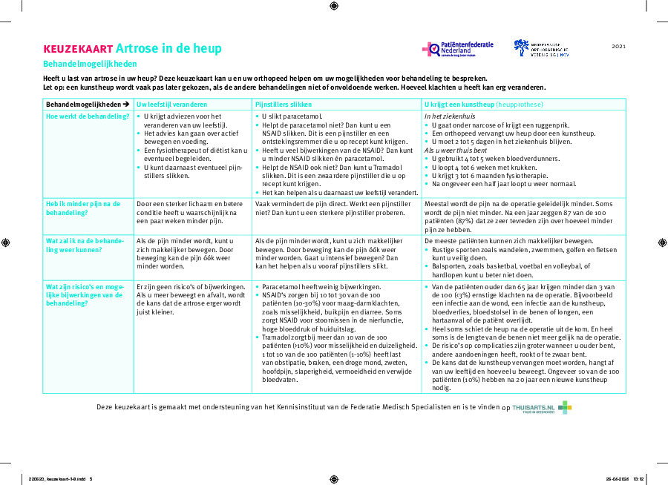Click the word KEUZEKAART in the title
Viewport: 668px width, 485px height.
tap(78, 49)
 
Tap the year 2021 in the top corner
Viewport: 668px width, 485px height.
tap(619, 47)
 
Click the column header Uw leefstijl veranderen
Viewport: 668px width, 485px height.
tap(172, 105)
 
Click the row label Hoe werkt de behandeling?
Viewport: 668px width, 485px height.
tap(88, 116)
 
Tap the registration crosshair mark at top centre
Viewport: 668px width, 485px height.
tap(334, 6)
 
